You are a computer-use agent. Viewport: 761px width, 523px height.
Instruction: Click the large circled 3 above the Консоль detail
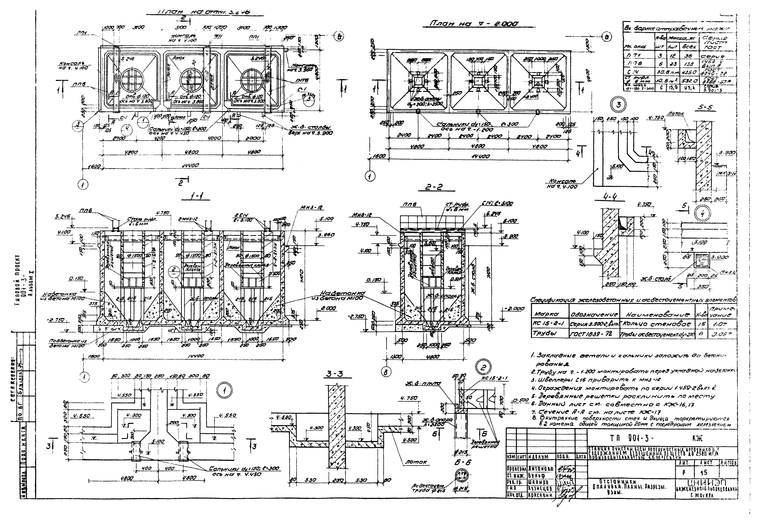pos(618,106)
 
